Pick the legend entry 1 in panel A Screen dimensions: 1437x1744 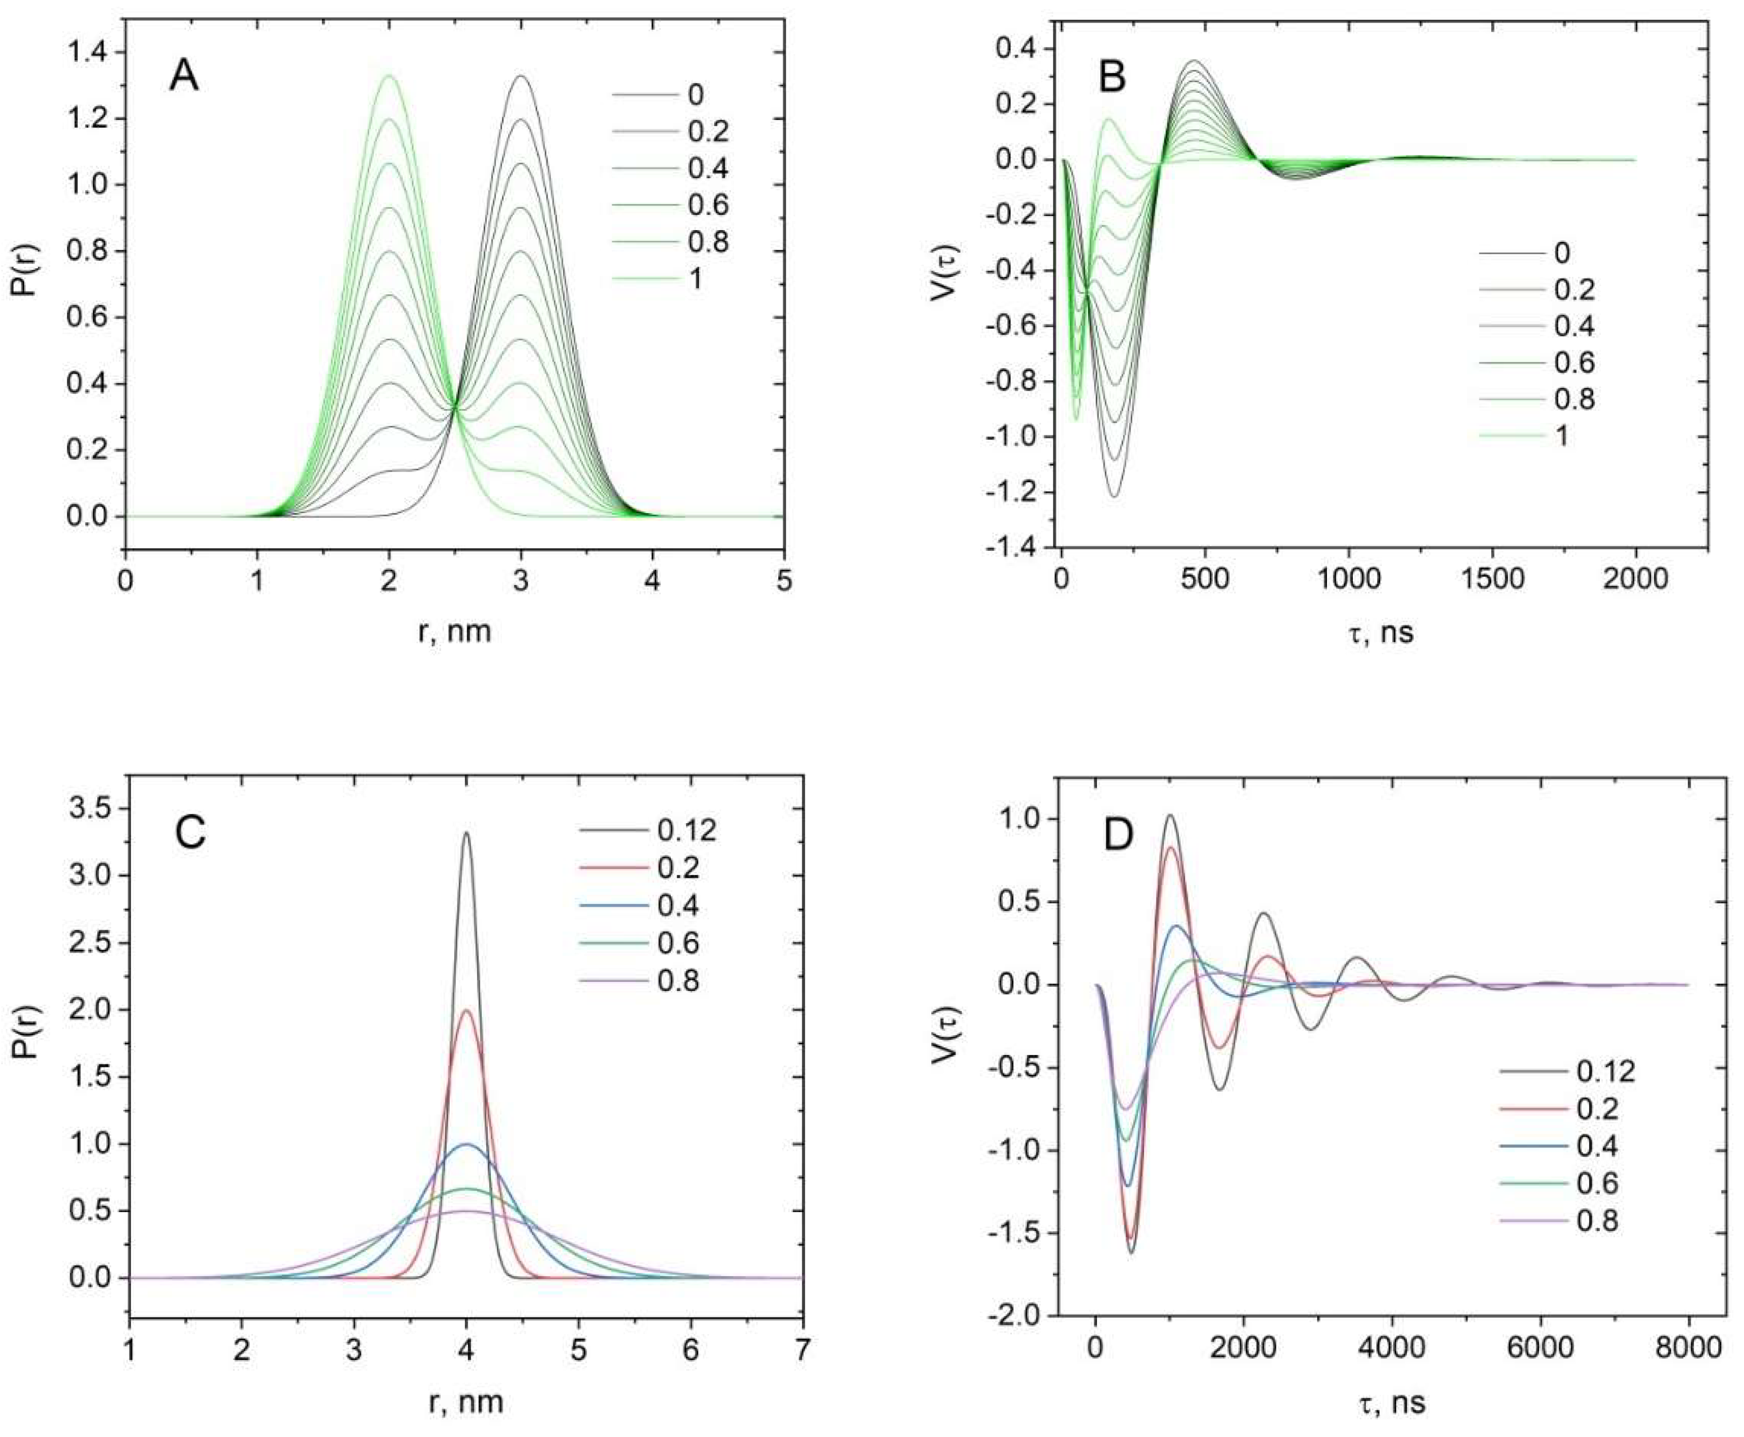[695, 279]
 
